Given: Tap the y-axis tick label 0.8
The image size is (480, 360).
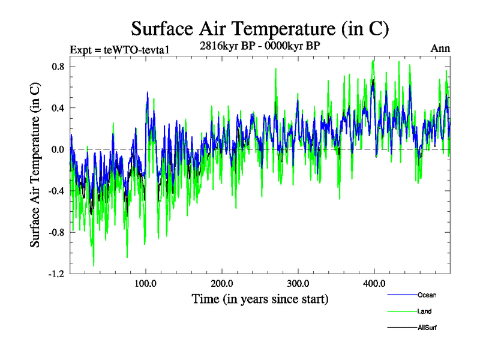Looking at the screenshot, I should [x=58, y=67].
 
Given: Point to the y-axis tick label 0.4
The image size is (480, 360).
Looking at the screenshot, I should [x=58, y=108].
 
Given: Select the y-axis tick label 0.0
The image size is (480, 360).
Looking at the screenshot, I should [x=58, y=149].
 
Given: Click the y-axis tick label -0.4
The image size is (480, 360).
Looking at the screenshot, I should [x=56, y=191].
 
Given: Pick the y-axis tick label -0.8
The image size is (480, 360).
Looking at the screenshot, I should [x=56, y=232].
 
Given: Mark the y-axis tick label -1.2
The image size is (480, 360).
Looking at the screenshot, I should [x=56, y=274].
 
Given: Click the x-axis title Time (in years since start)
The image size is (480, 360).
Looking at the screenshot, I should [x=260, y=298].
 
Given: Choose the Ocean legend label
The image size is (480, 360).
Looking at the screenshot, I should [x=427, y=295].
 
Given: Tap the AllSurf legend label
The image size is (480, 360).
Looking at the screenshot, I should [x=427, y=328].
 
